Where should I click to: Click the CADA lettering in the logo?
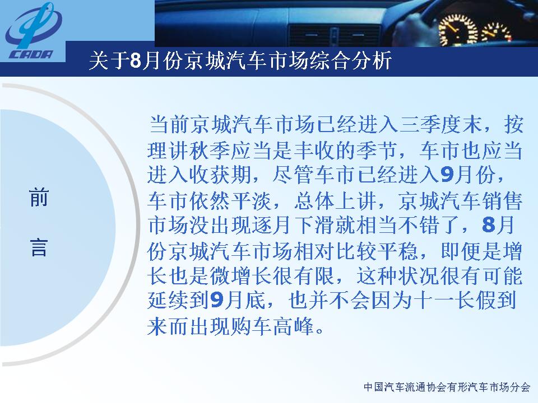31,55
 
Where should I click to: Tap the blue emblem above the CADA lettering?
34,26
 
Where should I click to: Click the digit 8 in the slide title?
136,61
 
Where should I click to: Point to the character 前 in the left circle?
39,198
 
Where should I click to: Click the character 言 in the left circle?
39,248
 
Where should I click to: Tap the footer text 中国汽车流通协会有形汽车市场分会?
447,387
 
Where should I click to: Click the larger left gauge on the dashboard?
458,30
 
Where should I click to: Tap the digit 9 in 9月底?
216,300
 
